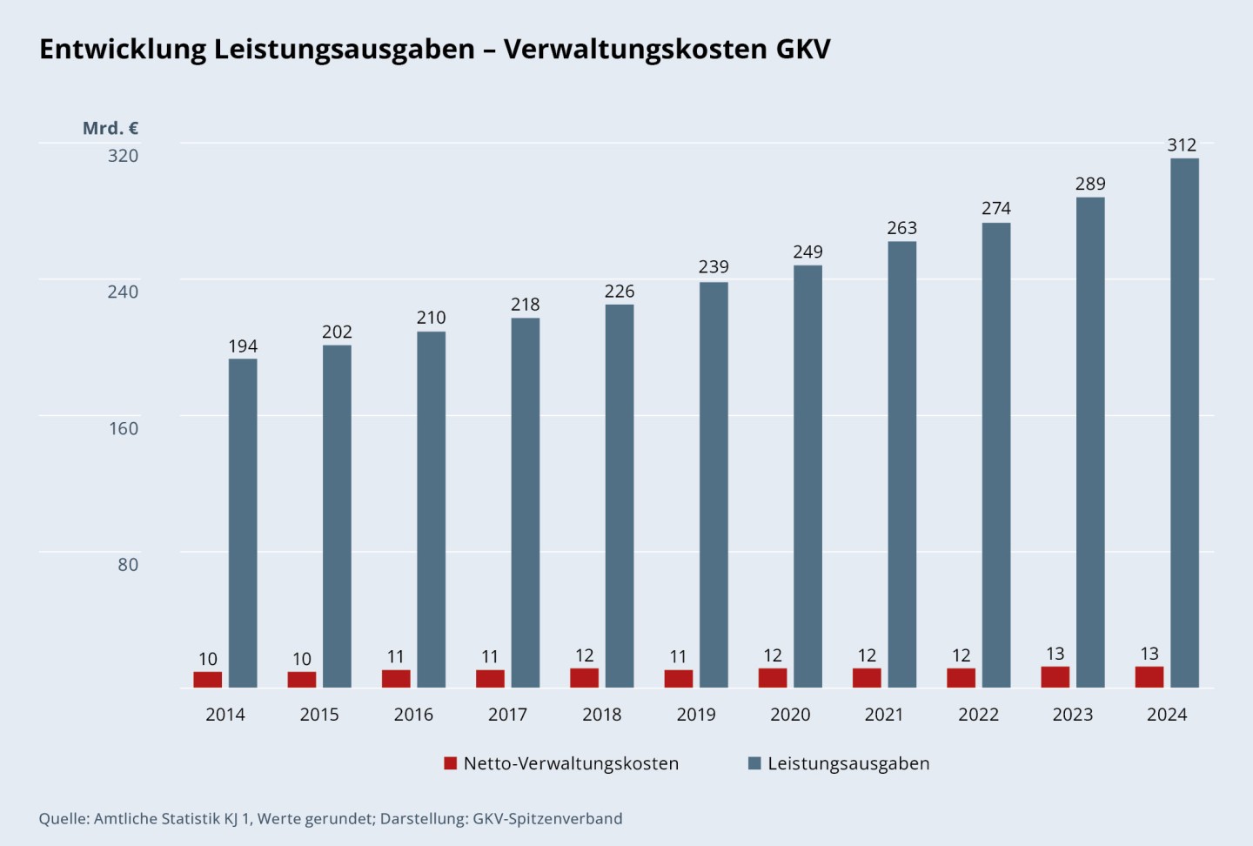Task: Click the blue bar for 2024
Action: click(x=1184, y=423)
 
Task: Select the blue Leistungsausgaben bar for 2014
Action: click(x=243, y=523)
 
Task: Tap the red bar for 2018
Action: click(x=584, y=678)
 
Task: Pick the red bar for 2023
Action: click(x=1055, y=677)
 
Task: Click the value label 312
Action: click(x=1182, y=145)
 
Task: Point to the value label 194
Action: click(x=243, y=346)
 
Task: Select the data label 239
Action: click(x=714, y=267)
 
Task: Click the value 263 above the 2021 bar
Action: click(x=901, y=228)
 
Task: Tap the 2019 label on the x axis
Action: click(x=696, y=715)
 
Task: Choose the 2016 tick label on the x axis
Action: click(x=413, y=715)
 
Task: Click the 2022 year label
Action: click(x=978, y=715)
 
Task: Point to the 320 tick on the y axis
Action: click(x=123, y=156)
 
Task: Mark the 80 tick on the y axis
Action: click(x=128, y=565)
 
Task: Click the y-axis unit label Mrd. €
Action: click(x=111, y=128)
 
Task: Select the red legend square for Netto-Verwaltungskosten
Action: click(x=450, y=763)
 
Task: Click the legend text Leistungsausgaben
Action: click(x=848, y=763)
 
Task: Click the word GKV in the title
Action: click(x=802, y=49)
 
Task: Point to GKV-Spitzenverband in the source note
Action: click(x=547, y=819)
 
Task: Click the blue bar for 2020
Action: click(x=807, y=476)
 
